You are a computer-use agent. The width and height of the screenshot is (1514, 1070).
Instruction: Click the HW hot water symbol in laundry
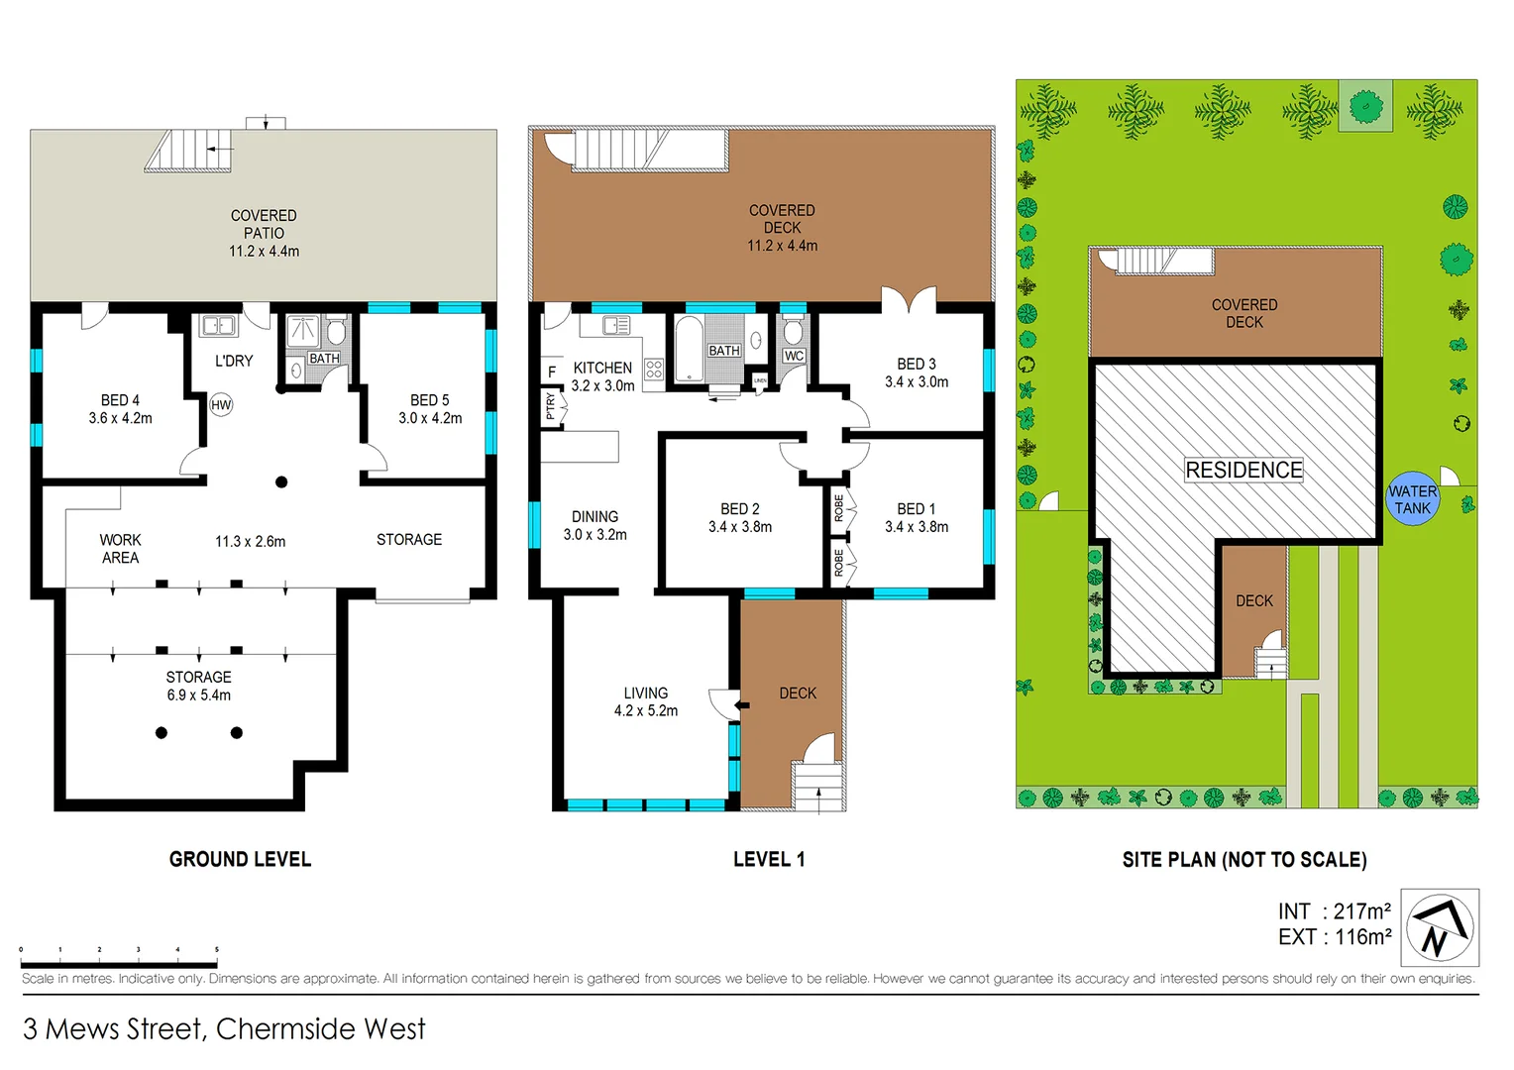[x=221, y=404]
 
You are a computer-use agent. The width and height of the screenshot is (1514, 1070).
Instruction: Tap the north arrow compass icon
[x=1440, y=927]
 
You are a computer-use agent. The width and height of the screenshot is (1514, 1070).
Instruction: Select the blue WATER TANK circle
[x=1412, y=498]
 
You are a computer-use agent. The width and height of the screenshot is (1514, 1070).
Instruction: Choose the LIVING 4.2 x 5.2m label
[x=646, y=701]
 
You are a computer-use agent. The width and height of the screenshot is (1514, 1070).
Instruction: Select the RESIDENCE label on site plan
[x=1244, y=470]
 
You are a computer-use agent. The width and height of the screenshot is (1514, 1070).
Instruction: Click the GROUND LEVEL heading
[x=240, y=859]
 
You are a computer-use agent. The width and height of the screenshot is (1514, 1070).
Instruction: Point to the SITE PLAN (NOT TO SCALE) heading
[x=1244, y=860]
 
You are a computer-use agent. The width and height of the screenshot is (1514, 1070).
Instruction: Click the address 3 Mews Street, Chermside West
[x=224, y=1029]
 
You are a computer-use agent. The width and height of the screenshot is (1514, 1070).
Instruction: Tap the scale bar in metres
[x=119, y=963]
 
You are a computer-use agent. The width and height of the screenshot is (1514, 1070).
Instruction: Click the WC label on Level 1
[x=794, y=356]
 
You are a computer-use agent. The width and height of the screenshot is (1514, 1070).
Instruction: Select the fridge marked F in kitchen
[x=552, y=372]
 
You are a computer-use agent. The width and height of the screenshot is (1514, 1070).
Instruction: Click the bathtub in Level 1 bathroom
[x=689, y=349]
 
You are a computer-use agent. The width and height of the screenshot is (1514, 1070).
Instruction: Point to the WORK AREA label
[x=120, y=549]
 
